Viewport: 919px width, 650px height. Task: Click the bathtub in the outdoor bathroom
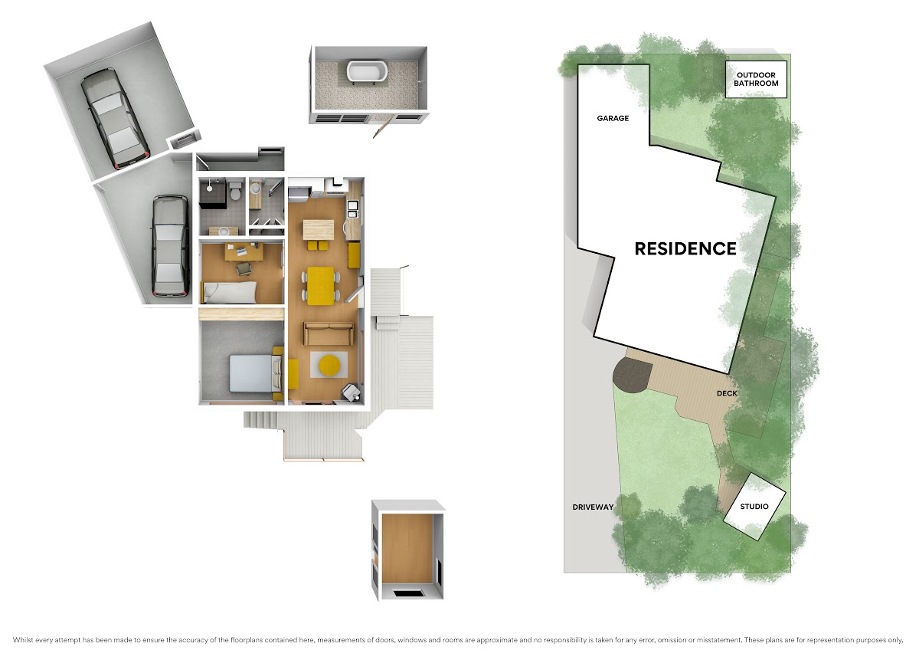(x=367, y=72)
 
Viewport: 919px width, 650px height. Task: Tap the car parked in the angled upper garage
(x=115, y=118)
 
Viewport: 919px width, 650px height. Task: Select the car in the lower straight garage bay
(x=170, y=245)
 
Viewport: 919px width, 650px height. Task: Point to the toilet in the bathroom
(x=236, y=189)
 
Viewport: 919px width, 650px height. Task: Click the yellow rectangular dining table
(x=320, y=286)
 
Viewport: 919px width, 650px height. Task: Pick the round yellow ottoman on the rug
(x=329, y=365)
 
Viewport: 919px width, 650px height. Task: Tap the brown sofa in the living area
(x=329, y=333)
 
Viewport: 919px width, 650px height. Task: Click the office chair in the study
(x=244, y=269)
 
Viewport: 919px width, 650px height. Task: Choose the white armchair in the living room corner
(x=351, y=392)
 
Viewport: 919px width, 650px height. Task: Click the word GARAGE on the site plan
(x=613, y=118)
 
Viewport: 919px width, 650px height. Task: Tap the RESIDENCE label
(x=685, y=249)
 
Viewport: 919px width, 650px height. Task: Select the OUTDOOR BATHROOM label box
(x=756, y=79)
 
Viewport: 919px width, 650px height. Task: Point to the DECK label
(x=727, y=393)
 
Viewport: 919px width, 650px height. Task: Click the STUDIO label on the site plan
(x=754, y=507)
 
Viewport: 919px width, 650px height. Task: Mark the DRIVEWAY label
(x=593, y=507)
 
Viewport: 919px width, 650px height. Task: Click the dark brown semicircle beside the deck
(x=632, y=376)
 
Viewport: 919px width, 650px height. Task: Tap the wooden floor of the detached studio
(x=407, y=548)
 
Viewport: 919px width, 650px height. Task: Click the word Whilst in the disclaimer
(x=22, y=640)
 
